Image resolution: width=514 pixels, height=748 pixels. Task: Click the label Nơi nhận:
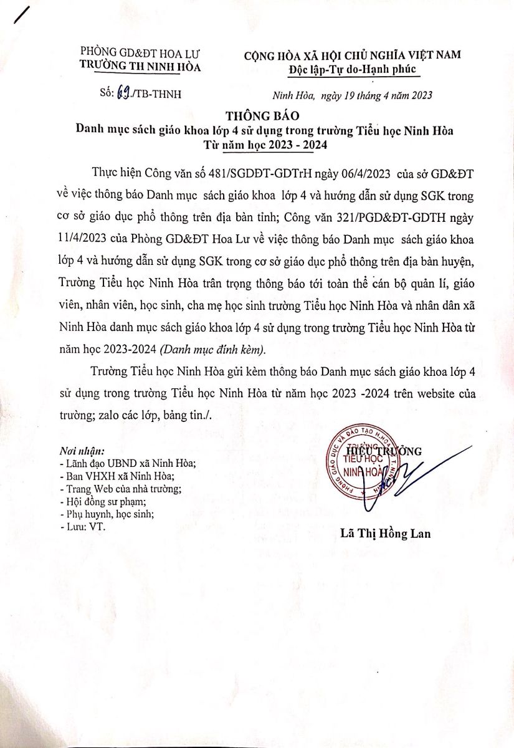click(x=81, y=451)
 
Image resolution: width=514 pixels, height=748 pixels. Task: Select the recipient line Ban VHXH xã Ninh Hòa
click(x=112, y=476)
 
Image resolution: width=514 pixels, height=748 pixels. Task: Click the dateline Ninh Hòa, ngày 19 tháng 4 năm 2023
click(x=353, y=95)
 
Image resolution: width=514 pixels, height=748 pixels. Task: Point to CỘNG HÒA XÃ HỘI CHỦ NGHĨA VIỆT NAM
click(x=353, y=55)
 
